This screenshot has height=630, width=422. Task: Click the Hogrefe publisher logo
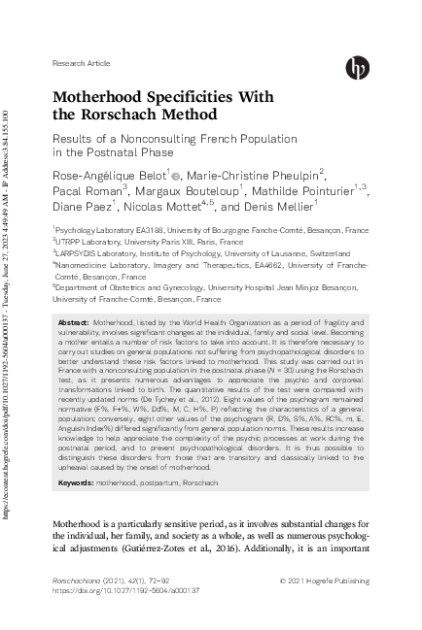[356, 66]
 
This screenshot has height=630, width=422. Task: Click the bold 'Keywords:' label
[77, 482]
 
